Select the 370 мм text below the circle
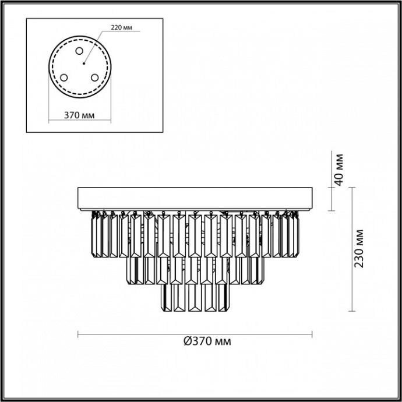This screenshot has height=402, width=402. click(79, 116)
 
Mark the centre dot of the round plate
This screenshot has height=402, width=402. click(83, 62)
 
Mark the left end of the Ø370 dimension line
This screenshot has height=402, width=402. click(78, 334)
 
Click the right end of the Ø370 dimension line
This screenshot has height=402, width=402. click(313, 334)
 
